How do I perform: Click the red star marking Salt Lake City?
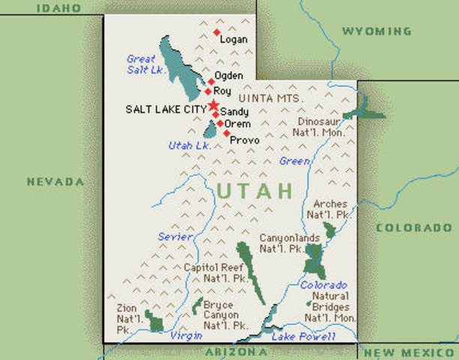click(x=214, y=105)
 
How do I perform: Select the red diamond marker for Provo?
click(x=226, y=133)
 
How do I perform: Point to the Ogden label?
click(x=229, y=76)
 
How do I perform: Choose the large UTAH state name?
click(x=254, y=190)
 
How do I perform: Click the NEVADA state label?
click(x=55, y=181)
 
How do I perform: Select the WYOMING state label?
click(x=376, y=31)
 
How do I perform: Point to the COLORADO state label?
click(x=414, y=227)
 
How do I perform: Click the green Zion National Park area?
click(x=154, y=322)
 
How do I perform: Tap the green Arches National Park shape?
click(x=330, y=229)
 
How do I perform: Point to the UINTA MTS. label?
click(x=270, y=98)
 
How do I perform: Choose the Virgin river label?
click(x=185, y=336)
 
